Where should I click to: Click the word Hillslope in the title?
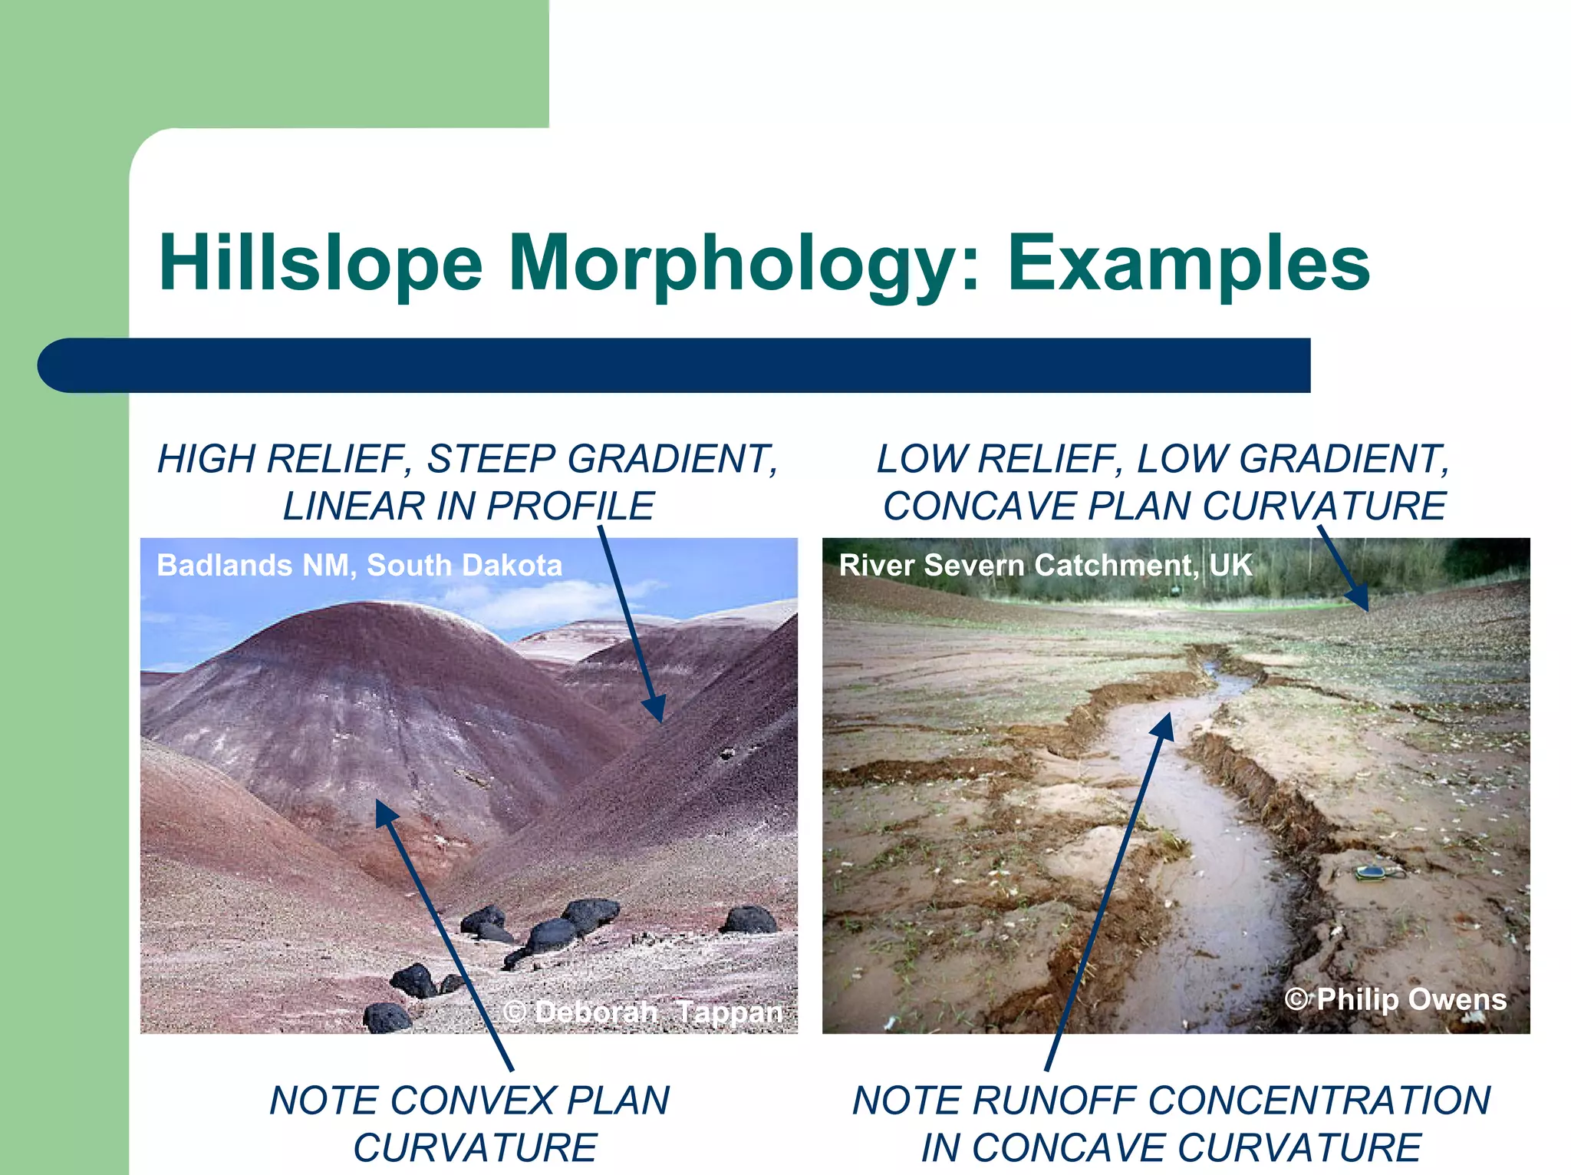320,263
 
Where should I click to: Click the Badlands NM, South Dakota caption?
359,566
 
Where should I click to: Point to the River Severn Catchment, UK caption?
1045,566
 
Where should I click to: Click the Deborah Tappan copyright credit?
643,1012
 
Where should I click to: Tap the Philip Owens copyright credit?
1395,999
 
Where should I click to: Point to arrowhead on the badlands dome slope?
386,813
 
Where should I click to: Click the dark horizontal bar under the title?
675,365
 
